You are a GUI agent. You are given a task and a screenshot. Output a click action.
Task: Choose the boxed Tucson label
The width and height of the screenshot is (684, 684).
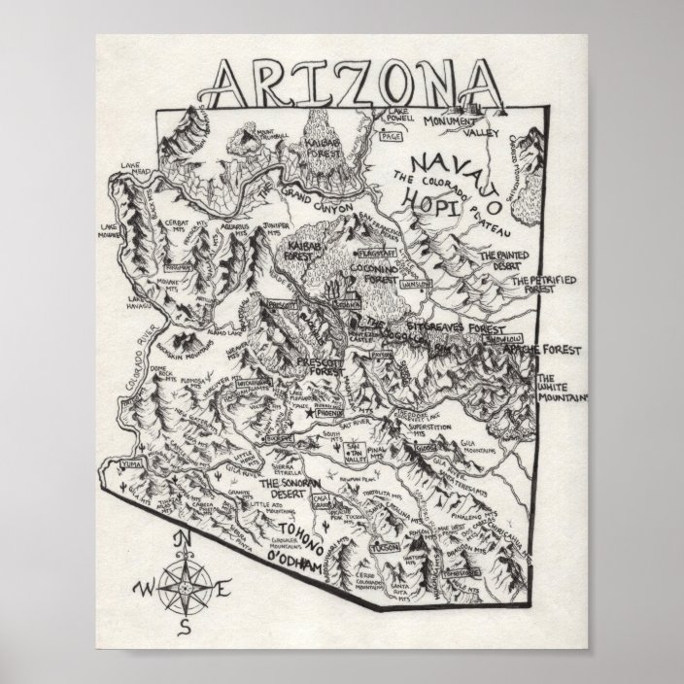coord(386,548)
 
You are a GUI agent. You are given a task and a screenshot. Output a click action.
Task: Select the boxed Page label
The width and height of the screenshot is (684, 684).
coord(393,137)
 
